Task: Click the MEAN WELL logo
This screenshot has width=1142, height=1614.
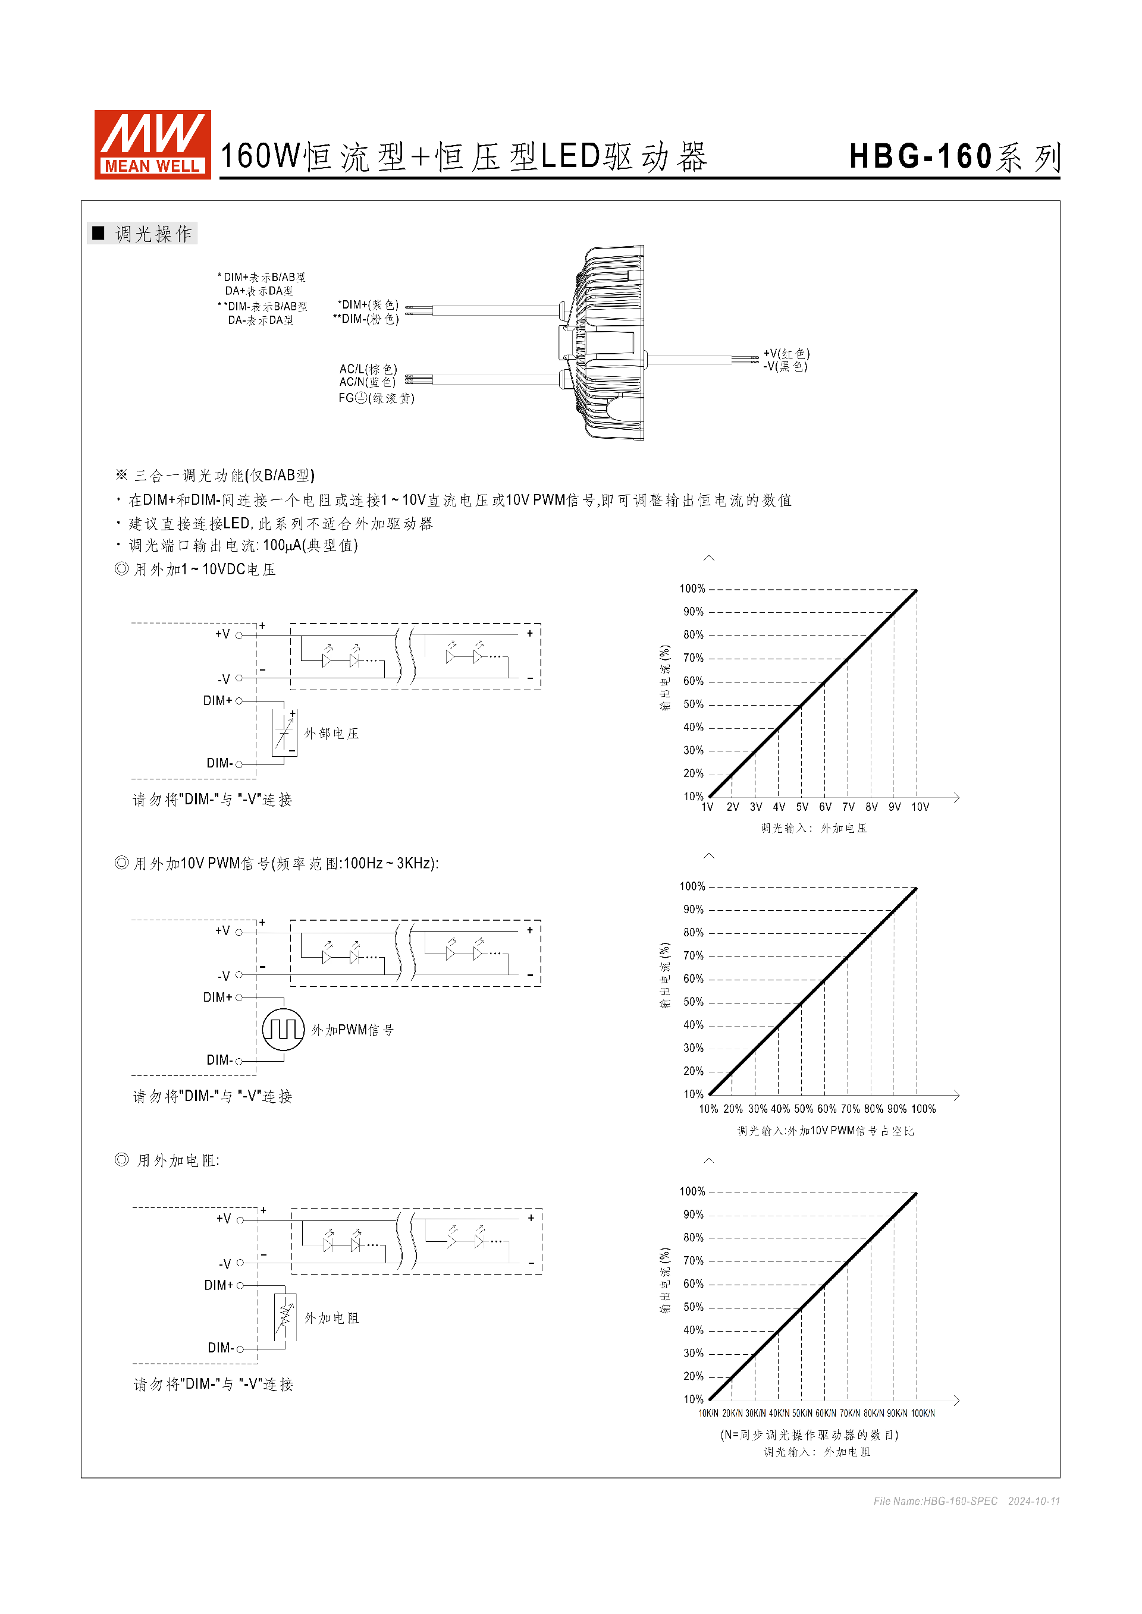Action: pos(153,144)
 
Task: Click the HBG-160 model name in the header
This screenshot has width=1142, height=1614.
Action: pos(921,157)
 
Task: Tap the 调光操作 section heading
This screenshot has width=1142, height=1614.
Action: pos(153,234)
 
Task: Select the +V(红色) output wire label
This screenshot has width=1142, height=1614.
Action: pos(786,354)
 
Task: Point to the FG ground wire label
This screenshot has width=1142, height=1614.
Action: pos(377,398)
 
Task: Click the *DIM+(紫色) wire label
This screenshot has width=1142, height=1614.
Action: pos(368,304)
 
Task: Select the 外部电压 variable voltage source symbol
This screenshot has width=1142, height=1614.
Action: pos(284,733)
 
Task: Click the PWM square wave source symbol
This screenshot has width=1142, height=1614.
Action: pos(283,1029)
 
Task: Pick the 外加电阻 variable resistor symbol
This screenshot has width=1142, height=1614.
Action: pos(285,1317)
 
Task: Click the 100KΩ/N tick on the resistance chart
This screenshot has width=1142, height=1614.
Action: pos(923,1413)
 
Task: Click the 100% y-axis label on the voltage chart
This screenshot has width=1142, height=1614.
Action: pos(692,589)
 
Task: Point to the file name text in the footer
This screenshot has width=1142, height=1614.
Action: pos(935,1501)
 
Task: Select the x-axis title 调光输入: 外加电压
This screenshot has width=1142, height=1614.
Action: pos(814,828)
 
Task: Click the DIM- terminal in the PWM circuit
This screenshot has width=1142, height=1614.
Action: pos(219,1060)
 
